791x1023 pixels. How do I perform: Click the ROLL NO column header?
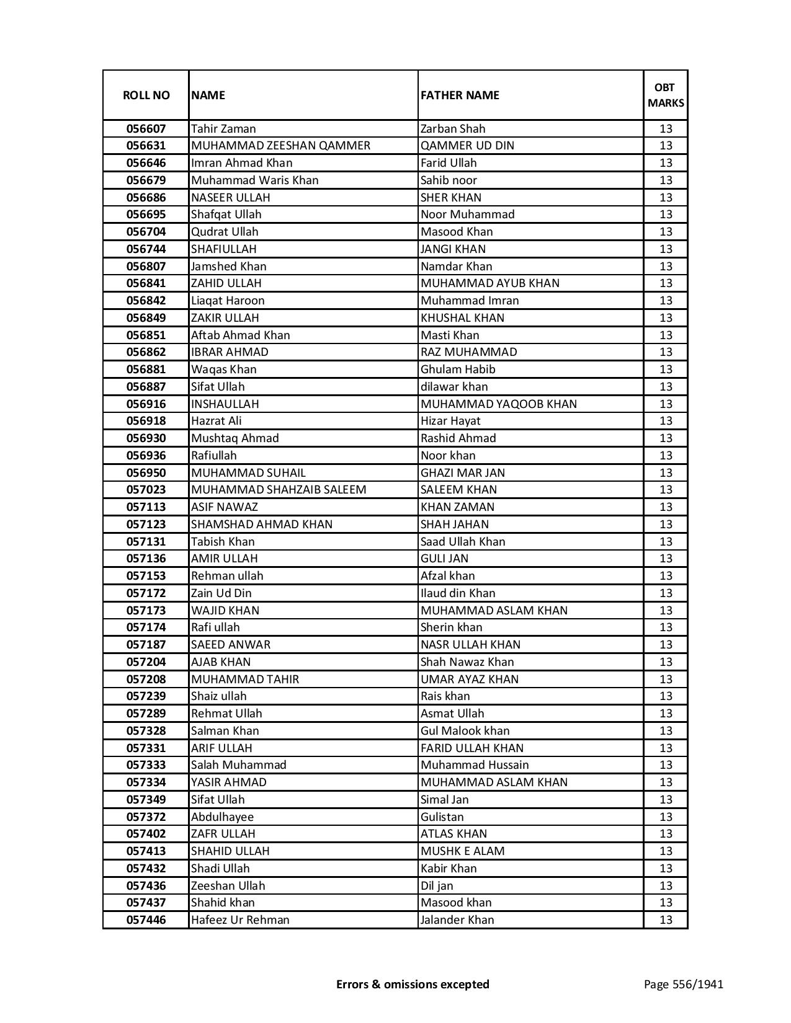click(146, 95)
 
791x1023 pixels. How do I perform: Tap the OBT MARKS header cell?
click(666, 95)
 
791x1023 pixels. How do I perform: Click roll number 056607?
click(146, 129)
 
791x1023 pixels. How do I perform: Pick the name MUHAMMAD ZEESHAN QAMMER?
click(280, 146)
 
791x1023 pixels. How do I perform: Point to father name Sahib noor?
click(449, 180)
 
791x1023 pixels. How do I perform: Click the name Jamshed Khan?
click(229, 267)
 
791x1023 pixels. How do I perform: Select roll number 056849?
click(146, 318)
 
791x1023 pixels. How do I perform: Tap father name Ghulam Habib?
click(458, 370)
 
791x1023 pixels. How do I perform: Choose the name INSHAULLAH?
click(225, 404)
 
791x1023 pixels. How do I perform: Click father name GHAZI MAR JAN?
click(463, 473)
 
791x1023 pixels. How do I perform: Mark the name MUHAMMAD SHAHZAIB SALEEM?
click(279, 490)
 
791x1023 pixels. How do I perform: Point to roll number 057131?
click(146, 542)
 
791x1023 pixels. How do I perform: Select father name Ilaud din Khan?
click(458, 593)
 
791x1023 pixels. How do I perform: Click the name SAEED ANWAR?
click(231, 645)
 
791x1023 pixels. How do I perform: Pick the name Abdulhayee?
click(222, 817)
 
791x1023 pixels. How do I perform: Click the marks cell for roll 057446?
click(666, 920)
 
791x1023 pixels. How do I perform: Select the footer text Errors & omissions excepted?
click(413, 984)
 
